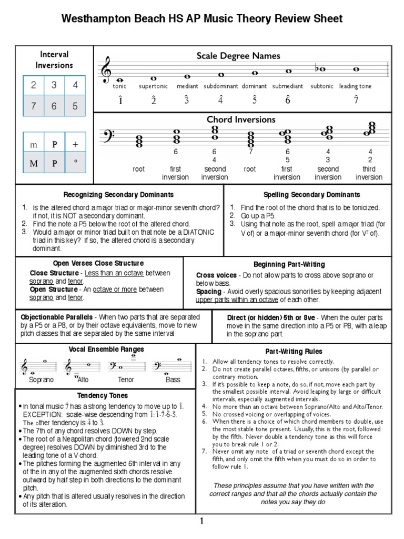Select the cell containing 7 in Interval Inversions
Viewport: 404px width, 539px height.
coord(33,106)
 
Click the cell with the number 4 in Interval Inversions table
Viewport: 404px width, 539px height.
coord(75,85)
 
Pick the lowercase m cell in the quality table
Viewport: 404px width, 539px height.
coord(33,144)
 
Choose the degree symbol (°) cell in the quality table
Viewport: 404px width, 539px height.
coord(75,163)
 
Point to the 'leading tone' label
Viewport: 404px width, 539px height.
coord(355,86)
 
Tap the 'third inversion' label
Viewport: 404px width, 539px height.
coord(369,173)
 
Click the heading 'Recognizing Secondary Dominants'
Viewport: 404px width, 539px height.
coord(119,194)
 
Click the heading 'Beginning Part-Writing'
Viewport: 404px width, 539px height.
coord(289,264)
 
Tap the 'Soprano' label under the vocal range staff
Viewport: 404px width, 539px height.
coord(42,380)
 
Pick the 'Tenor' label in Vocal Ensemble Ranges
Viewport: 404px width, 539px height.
coord(126,380)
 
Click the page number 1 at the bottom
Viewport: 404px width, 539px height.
coord(201,522)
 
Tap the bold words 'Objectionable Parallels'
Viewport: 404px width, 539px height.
coord(56,317)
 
